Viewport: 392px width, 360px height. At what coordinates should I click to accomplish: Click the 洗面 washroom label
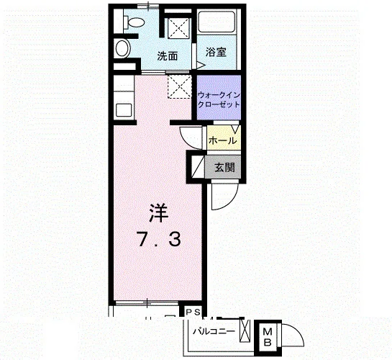coord(168,56)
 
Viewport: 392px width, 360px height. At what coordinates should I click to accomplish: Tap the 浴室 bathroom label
coord(216,52)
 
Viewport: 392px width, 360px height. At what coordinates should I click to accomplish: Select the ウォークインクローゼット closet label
coord(219,99)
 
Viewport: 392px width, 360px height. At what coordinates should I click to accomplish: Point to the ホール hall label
coord(222,140)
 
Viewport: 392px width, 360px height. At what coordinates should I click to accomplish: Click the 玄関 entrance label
coord(225,168)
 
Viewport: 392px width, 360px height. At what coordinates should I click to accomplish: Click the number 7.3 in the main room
coord(159,240)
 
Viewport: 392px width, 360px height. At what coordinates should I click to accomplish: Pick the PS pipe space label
coord(193,312)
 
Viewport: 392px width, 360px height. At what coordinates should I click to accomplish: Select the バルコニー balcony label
coord(214,331)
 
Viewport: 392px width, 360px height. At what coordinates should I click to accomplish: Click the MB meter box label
coord(268,337)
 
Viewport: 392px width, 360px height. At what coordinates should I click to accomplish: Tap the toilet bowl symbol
coord(135,22)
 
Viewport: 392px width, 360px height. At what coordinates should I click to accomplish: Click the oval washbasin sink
coord(123,49)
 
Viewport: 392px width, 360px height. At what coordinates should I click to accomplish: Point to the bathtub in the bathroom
coord(216,22)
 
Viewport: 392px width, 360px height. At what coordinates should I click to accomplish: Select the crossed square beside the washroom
coord(178,28)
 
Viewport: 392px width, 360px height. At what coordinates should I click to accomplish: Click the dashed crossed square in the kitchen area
coord(180,86)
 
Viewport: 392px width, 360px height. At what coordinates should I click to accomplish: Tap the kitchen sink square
coord(124,110)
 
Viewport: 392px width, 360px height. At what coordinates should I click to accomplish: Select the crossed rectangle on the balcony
coord(245,330)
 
